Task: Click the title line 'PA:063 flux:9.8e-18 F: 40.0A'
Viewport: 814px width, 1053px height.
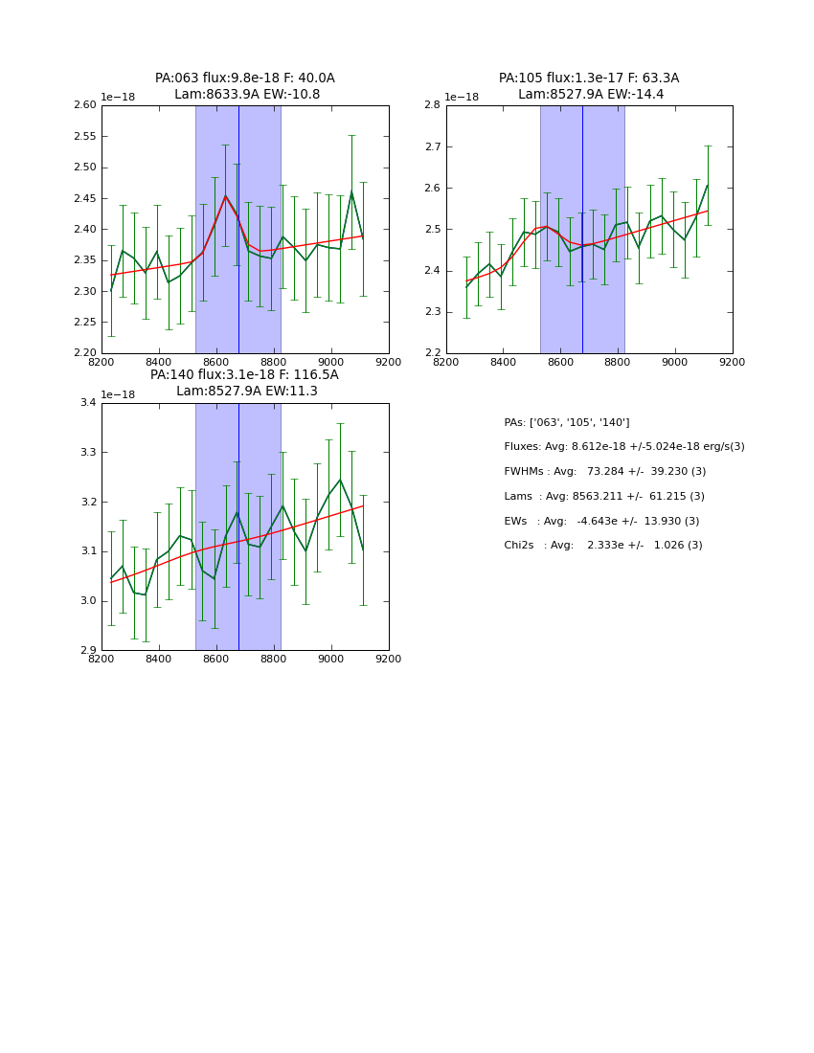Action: click(x=245, y=78)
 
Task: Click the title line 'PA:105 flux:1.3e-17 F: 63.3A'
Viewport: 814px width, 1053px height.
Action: click(x=589, y=78)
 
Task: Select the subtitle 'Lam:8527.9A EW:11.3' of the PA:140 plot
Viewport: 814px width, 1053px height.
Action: click(x=247, y=392)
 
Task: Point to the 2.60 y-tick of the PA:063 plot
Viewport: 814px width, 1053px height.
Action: click(x=85, y=105)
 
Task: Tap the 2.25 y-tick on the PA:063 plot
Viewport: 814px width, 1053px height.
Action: click(x=85, y=323)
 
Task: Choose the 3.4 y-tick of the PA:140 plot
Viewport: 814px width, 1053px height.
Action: click(x=88, y=403)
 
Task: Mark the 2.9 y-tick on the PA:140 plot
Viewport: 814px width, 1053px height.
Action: click(x=88, y=651)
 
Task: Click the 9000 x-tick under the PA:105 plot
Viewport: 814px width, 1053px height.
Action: click(x=675, y=362)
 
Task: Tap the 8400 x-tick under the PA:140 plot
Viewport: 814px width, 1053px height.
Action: click(x=159, y=659)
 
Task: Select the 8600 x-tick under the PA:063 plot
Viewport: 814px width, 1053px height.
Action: click(x=216, y=362)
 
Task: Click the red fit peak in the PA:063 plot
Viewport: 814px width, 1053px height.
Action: click(x=226, y=196)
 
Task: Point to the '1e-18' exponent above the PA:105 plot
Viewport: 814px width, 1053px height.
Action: click(x=462, y=98)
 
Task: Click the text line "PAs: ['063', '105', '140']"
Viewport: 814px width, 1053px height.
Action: click(x=567, y=422)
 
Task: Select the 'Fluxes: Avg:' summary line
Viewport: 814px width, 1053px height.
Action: click(x=624, y=447)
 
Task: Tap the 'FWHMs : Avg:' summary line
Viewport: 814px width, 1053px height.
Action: click(x=605, y=472)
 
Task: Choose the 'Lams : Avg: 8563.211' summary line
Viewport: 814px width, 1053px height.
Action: click(x=604, y=497)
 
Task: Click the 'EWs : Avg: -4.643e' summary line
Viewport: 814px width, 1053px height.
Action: click(x=601, y=522)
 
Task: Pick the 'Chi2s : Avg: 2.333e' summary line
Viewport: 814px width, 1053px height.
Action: click(x=603, y=546)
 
